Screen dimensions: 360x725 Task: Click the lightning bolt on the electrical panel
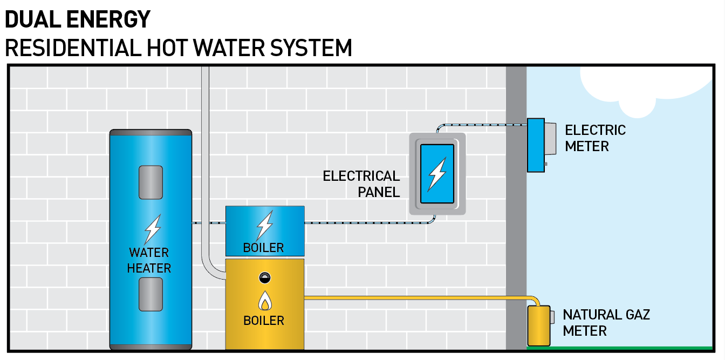tap(436, 174)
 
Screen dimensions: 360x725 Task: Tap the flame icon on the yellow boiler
tap(264, 301)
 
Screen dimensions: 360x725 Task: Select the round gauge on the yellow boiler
tap(264, 278)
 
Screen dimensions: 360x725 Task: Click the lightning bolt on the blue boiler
tap(264, 225)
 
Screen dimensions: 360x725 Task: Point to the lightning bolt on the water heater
tap(152, 230)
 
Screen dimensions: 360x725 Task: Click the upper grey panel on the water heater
tap(151, 182)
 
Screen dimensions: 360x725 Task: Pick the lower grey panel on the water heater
tap(151, 294)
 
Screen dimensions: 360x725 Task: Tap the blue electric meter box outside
tap(536, 145)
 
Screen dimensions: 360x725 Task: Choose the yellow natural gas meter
tap(538, 325)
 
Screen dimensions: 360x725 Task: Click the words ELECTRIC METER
tap(595, 138)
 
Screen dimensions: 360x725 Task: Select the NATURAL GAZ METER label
tap(606, 322)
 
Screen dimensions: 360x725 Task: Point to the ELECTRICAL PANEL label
tap(361, 184)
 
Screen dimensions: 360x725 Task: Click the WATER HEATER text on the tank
tap(149, 260)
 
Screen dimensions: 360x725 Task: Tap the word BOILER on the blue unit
tap(263, 248)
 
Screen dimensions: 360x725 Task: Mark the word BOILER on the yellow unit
tap(264, 321)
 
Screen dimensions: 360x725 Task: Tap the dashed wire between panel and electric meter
tap(480, 125)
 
